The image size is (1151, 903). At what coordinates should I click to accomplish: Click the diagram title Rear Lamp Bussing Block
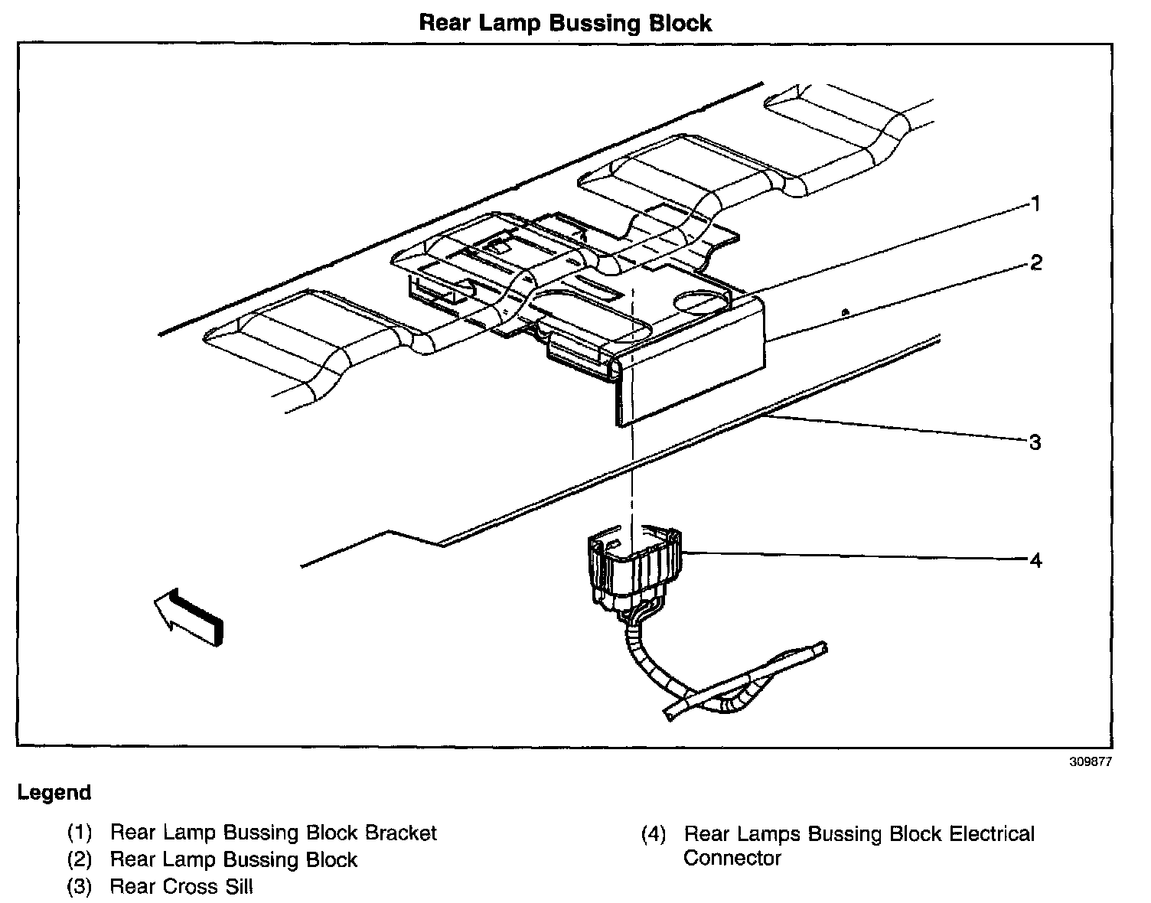[565, 23]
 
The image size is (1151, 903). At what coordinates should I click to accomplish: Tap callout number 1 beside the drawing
[1035, 204]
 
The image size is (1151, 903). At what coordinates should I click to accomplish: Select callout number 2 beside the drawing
[1035, 263]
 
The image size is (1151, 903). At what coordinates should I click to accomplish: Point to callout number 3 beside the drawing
[1035, 442]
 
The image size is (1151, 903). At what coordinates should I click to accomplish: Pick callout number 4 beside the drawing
[1035, 561]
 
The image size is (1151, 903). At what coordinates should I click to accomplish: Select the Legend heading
[54, 793]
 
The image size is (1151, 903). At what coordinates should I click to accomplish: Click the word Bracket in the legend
[401, 833]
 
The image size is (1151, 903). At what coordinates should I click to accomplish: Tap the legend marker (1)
[80, 833]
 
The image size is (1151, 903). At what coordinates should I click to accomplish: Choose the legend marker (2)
[80, 860]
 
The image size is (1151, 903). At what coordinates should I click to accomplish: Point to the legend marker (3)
[80, 887]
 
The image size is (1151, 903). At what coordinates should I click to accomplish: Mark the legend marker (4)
[654, 834]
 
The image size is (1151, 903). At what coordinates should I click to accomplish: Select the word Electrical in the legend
[992, 834]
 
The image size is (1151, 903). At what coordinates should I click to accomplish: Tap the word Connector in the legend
[732, 859]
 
